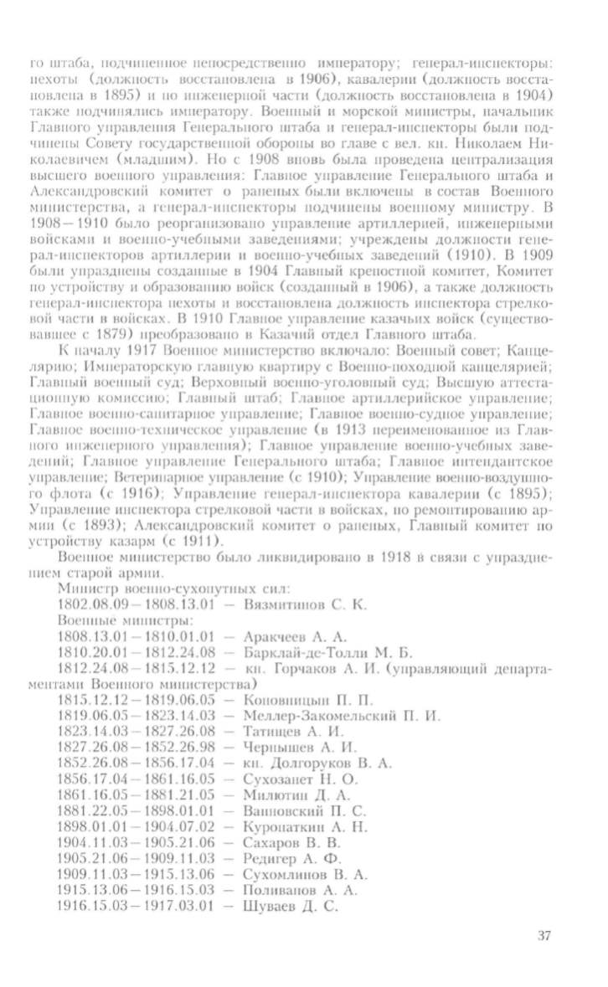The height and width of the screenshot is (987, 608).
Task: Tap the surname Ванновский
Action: coord(279,810)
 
